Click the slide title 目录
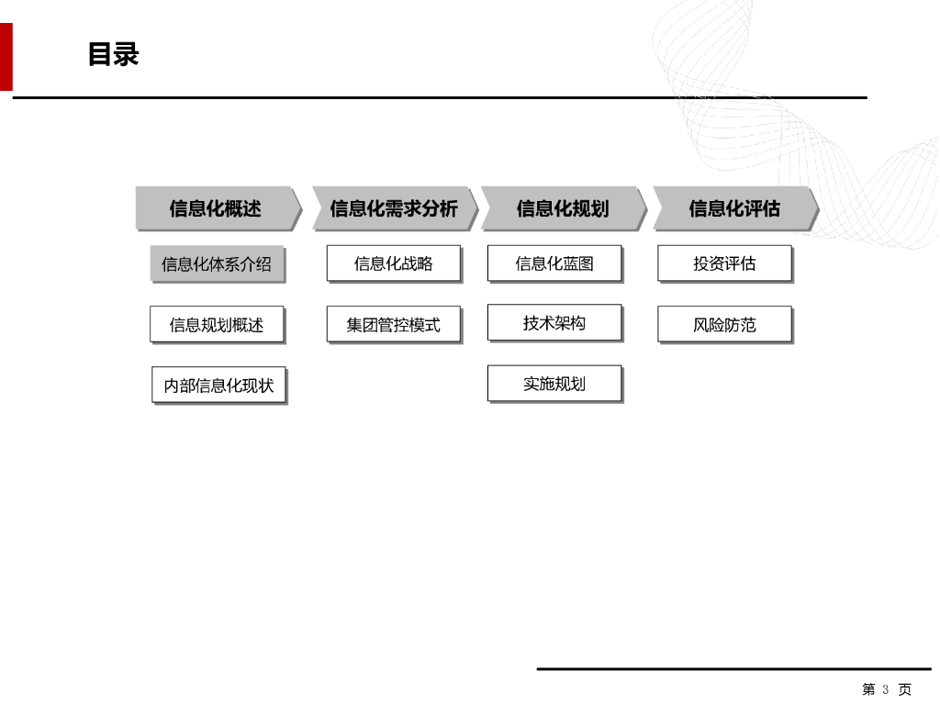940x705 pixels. coord(113,54)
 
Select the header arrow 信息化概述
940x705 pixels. coord(216,208)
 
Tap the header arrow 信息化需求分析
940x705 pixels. coord(393,208)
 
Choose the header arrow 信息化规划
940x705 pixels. coord(562,208)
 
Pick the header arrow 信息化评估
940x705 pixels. coord(733,208)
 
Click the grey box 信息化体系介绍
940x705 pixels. coord(217,264)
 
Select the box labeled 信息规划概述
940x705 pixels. coord(217,325)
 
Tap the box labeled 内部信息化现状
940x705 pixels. coord(218,386)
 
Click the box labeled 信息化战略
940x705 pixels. coord(393,263)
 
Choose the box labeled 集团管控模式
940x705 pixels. coord(393,325)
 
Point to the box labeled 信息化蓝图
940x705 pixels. coord(554,263)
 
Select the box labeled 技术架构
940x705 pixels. coord(554,323)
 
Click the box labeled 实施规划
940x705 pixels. coord(554,384)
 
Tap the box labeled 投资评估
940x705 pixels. coord(724,263)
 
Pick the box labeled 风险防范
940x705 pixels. coord(724,325)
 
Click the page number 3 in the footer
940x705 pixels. coord(886,689)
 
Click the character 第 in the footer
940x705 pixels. coord(868,689)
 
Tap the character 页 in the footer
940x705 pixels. coord(905,689)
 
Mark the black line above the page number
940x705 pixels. coord(734,669)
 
